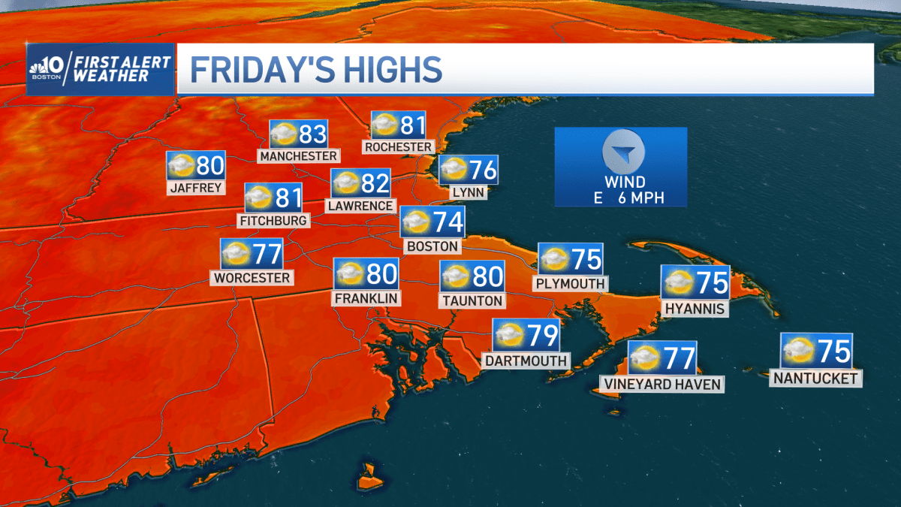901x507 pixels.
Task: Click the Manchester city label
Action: pyautogui.click(x=298, y=155)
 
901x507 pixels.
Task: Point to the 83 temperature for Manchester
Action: pyautogui.click(x=312, y=134)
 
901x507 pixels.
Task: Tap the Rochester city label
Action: pyautogui.click(x=399, y=146)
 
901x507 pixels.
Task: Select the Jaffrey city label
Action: pyautogui.click(x=196, y=187)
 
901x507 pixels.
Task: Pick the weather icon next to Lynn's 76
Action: pyautogui.click(x=454, y=171)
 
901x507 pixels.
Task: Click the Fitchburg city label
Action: pyautogui.click(x=273, y=220)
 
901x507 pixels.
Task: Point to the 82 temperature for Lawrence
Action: pyautogui.click(x=375, y=184)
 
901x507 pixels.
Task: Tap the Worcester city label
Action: pyautogui.click(x=252, y=278)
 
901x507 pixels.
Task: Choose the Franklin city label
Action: pyautogui.click(x=366, y=297)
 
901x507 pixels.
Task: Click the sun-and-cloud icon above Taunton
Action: pyautogui.click(x=457, y=277)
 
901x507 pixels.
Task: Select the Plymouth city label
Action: pyautogui.click(x=570, y=283)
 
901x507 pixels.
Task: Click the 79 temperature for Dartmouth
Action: pyautogui.click(x=542, y=335)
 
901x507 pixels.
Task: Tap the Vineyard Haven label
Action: pyautogui.click(x=661, y=384)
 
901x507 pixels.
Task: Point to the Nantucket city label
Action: pyautogui.click(x=815, y=379)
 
